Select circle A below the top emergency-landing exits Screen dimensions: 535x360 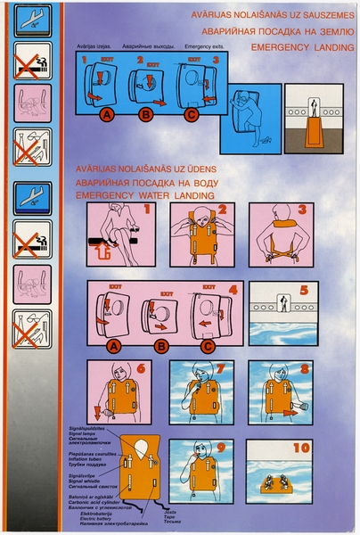108,114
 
